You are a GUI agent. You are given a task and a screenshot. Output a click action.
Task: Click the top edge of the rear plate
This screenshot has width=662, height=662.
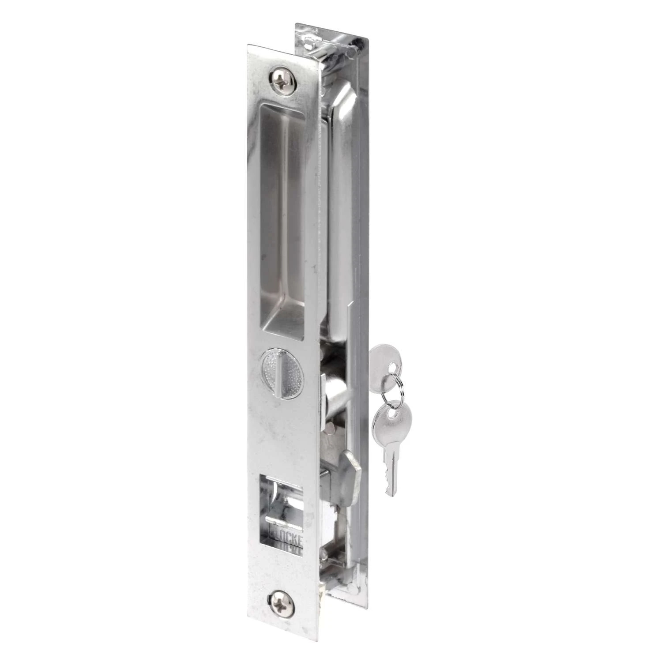(x=331, y=31)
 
